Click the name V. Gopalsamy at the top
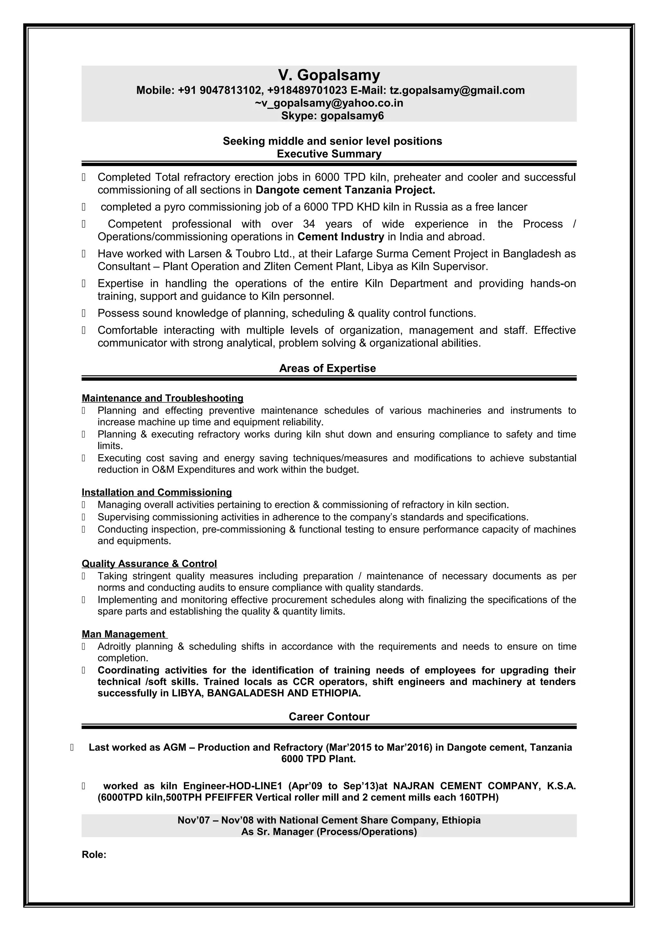pos(329,75)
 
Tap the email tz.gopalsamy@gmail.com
pos(457,90)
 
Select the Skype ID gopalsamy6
pos(352,116)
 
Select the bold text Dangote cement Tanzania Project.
pos(345,190)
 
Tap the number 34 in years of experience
pos(309,224)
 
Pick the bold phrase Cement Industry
pos(341,236)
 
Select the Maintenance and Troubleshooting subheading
pos(163,398)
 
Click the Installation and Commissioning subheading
pos(156,492)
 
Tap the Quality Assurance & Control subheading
pos(149,563)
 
